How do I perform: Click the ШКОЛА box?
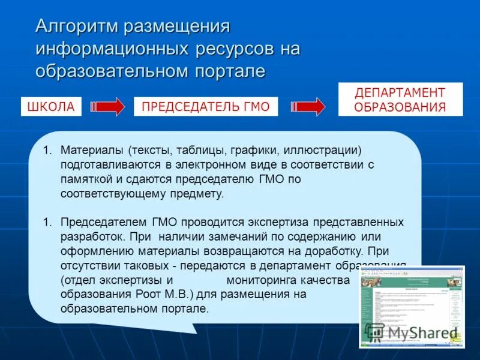pos(51,107)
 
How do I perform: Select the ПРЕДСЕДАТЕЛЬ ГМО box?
pos(205,107)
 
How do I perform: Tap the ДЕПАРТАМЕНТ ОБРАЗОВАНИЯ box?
pos(400,100)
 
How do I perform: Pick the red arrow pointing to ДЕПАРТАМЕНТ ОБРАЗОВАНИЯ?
pos(308,107)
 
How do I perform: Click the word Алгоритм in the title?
pos(76,27)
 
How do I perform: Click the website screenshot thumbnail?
pos(412,306)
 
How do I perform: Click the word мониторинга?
pos(268,280)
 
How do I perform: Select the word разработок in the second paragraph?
pos(91,236)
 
